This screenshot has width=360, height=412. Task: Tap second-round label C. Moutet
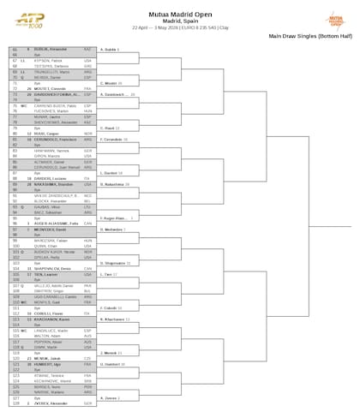coord(111,83)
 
